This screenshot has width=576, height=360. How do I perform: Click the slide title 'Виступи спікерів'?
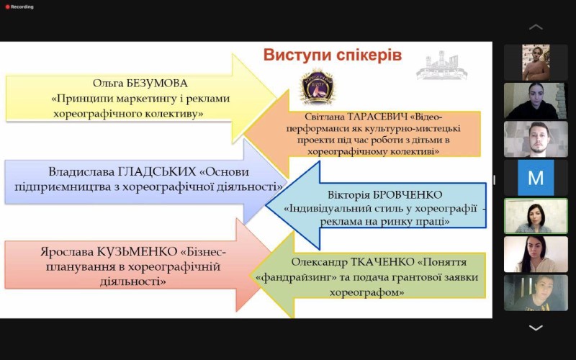pos(333,55)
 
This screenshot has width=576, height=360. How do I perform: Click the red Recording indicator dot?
pos(7,7)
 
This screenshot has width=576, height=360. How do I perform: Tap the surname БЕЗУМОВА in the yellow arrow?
pos(157,84)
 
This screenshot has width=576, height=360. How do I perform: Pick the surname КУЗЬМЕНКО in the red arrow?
pos(138,252)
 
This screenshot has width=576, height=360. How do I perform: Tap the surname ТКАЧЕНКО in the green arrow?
pos(382,262)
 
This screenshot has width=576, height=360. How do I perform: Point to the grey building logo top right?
pos(441,66)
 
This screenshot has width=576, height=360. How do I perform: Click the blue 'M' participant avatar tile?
pos(536,177)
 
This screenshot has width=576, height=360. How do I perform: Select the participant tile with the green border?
pos(536,215)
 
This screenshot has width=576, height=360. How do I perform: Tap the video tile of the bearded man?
pos(536,139)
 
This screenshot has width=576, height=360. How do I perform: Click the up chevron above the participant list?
pos(536,27)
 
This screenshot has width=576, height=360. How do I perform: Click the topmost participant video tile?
pos(536,63)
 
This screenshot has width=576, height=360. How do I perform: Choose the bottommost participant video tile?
pos(536,293)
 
